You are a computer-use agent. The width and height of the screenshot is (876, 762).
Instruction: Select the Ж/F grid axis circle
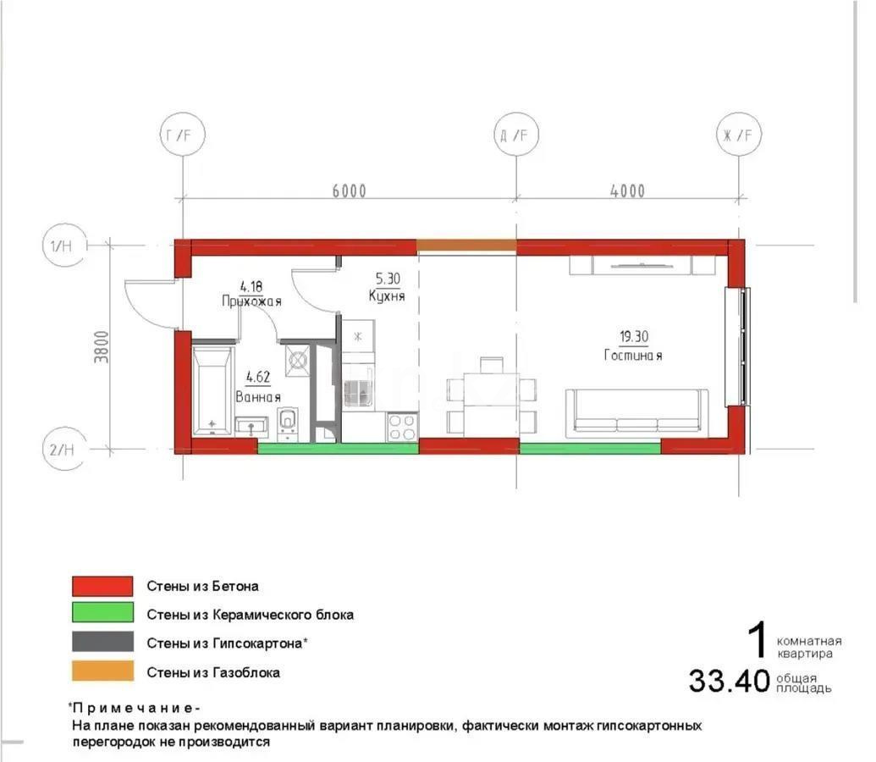(x=740, y=135)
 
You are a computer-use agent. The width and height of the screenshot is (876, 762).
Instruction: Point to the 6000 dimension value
(x=349, y=191)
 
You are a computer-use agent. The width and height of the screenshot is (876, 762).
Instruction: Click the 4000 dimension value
(x=626, y=191)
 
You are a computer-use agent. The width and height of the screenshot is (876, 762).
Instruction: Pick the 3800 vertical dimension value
(x=103, y=345)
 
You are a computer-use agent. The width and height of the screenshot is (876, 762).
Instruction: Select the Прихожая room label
(x=251, y=301)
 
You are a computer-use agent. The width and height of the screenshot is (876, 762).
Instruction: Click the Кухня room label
(x=387, y=295)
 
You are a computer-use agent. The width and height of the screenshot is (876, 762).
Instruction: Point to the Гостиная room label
(x=633, y=356)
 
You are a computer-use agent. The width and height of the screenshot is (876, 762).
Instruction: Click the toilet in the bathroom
(x=288, y=421)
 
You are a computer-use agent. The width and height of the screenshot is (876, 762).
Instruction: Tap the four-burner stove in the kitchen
(x=402, y=426)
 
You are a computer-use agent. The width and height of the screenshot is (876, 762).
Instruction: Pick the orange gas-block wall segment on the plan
(x=466, y=246)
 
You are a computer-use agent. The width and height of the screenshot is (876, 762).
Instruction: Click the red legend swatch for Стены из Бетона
(x=102, y=586)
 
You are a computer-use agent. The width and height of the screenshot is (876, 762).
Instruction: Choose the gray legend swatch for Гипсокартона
(x=102, y=643)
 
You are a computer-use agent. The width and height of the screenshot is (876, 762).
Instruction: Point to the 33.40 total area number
(x=729, y=680)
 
